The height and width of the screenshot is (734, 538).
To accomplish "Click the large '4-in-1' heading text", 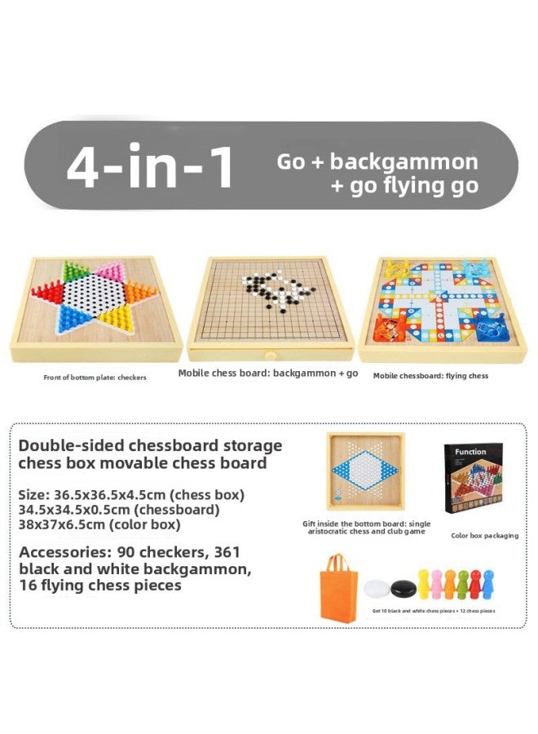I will pos(150,168).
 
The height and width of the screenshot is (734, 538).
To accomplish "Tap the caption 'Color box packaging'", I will pos(485,536).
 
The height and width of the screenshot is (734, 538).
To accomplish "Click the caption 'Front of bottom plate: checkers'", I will pos(95,378).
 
